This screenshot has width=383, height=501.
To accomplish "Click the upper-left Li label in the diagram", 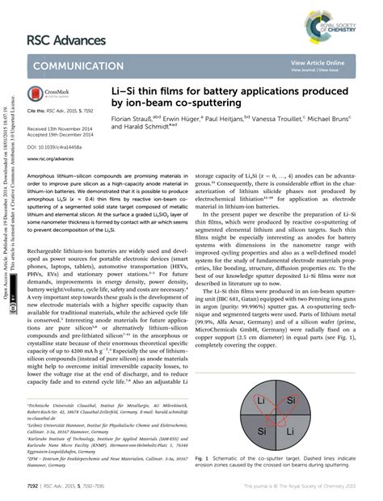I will point(260,401).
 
